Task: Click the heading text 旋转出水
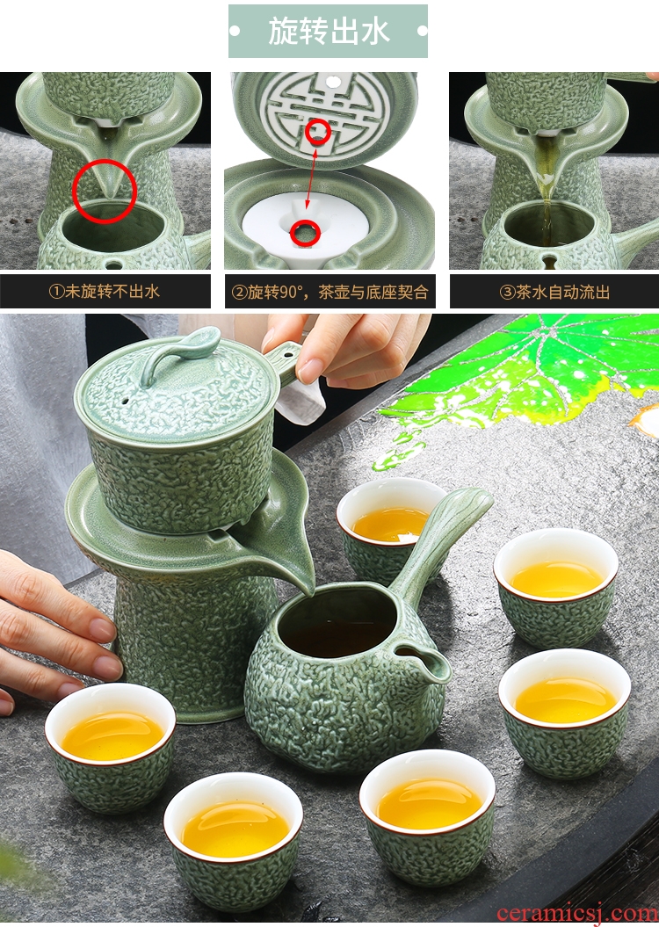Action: pos(329,31)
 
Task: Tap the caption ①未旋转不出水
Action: pos(105,292)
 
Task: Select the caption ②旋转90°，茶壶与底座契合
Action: pos(329,292)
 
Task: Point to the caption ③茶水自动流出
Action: pos(554,292)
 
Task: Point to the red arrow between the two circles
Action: pos(311,177)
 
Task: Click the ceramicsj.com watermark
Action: pos(577,914)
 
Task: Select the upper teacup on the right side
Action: pos(555,586)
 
